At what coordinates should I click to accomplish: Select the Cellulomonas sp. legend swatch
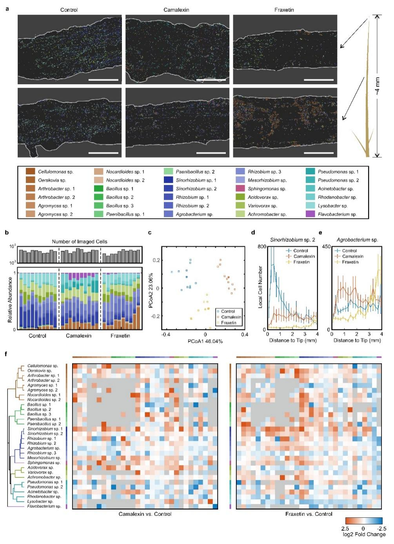pos(31,172)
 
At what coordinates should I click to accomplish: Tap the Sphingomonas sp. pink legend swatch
pos(240,189)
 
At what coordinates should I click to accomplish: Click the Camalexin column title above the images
pos(176,9)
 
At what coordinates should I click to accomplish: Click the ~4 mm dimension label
pos(377,86)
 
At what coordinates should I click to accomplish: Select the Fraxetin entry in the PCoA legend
pos(229,323)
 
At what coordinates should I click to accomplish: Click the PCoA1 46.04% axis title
pos(205,341)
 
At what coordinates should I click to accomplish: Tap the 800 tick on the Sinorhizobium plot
pos(261,246)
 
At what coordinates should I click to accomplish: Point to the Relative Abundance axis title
pos(10,300)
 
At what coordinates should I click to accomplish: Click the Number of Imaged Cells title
pos(80,242)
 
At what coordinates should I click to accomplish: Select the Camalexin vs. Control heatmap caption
pos(145,514)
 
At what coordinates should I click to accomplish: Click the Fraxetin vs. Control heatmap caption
pos(309,514)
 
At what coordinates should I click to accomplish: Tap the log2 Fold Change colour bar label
pos(364,534)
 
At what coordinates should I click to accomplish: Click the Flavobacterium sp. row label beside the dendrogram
pos(44,506)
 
